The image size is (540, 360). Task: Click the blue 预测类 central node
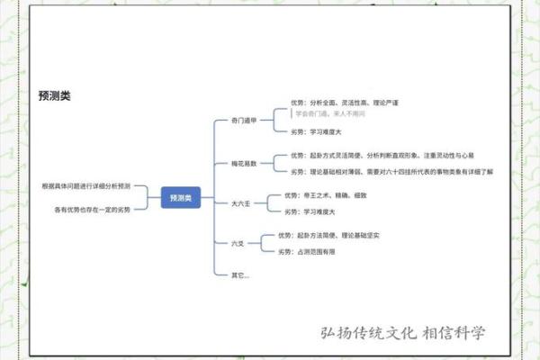[x=181, y=197]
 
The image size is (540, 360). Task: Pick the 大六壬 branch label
[x=241, y=203]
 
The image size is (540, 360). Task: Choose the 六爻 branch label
[x=238, y=244]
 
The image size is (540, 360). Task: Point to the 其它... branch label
[x=240, y=274]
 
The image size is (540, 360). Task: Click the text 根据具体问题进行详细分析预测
[x=85, y=186]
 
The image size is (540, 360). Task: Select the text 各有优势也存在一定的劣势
[x=93, y=209]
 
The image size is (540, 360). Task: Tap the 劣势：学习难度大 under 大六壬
[x=310, y=211]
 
